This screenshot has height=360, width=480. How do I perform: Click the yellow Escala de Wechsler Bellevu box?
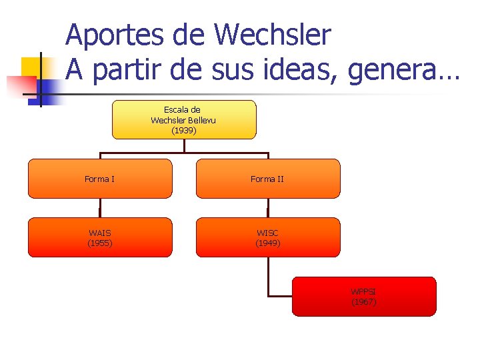[x=184, y=120]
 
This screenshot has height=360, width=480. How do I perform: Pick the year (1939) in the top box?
[x=184, y=131]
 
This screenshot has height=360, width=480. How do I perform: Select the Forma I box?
[x=99, y=179]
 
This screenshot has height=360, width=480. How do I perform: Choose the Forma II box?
[x=267, y=179]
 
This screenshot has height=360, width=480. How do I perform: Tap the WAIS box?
[x=99, y=237]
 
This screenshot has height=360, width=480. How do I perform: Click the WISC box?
[x=267, y=237]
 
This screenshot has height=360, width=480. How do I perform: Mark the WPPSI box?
[x=364, y=296]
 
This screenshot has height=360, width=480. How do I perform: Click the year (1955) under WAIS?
[x=100, y=243]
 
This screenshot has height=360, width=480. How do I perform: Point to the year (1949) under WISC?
[x=268, y=243]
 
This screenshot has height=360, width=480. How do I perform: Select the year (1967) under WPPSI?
[x=364, y=302]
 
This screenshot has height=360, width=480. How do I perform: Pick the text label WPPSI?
[x=364, y=292]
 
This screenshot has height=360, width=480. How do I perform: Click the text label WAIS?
[x=100, y=233]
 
